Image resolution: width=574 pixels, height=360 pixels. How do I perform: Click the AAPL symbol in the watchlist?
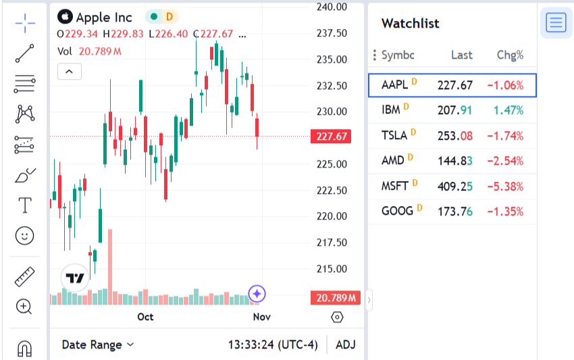395,85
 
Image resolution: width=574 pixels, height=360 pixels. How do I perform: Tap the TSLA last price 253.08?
455,135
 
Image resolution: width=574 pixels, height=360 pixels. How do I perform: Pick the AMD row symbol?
393,160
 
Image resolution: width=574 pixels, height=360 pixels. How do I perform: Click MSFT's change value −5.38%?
506,186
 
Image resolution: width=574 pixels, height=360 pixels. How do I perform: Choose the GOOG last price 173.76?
455,211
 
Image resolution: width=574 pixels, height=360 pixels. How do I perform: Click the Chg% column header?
510,55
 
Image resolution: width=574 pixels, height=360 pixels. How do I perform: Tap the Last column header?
462,55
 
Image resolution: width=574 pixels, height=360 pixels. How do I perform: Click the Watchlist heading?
410,24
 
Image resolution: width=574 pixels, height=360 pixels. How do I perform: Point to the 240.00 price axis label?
332,7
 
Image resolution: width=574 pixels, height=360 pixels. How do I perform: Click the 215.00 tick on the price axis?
332,269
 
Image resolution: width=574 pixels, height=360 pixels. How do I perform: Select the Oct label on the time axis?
145,317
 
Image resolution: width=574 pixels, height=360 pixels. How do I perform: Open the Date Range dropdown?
98,344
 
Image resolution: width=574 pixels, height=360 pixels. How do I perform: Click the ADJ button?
345,344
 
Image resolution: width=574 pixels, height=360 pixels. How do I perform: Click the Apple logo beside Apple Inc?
65,17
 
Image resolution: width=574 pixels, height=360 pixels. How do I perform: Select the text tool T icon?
25,205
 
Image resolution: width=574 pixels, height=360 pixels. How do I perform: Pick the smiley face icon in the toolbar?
25,235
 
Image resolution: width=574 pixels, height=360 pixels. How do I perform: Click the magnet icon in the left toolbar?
25,349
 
